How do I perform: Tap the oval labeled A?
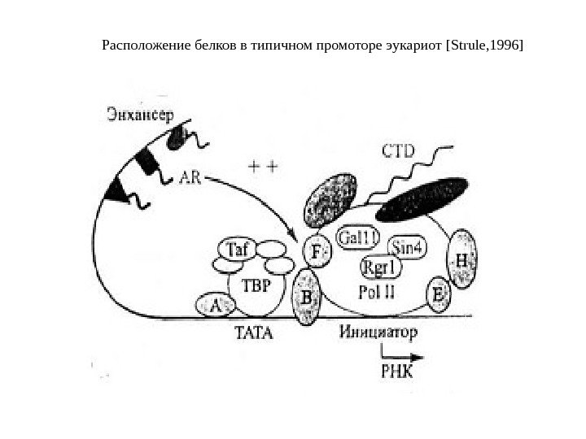coord(216,306)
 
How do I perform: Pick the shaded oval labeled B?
coord(307,298)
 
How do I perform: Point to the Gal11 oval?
coord(358,237)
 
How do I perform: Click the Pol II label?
coord(374,290)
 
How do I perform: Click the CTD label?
coord(398,150)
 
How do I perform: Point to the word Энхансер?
coord(140,115)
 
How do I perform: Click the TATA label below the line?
coord(255,333)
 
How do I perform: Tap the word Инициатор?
coord(378,333)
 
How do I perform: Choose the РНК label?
coord(397,372)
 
